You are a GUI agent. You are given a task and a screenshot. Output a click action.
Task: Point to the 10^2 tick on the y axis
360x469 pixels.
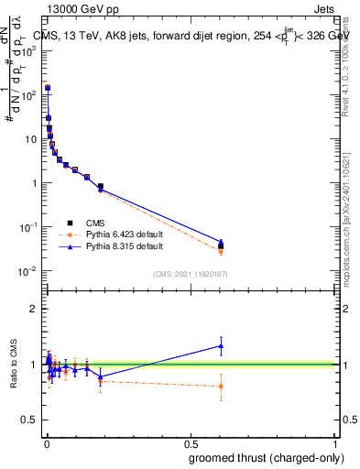pyautogui.click(x=28, y=94)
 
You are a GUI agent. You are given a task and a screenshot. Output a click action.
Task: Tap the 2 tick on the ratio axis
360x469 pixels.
pyautogui.click(x=33, y=309)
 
